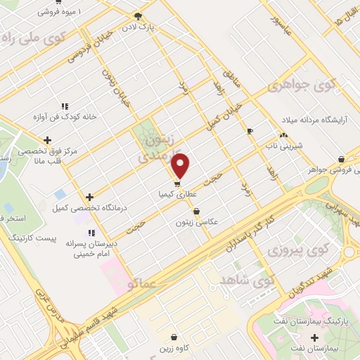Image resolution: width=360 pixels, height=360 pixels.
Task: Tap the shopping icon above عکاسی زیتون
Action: pos(195,210)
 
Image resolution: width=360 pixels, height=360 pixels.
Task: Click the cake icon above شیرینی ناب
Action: pos(283,134)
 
